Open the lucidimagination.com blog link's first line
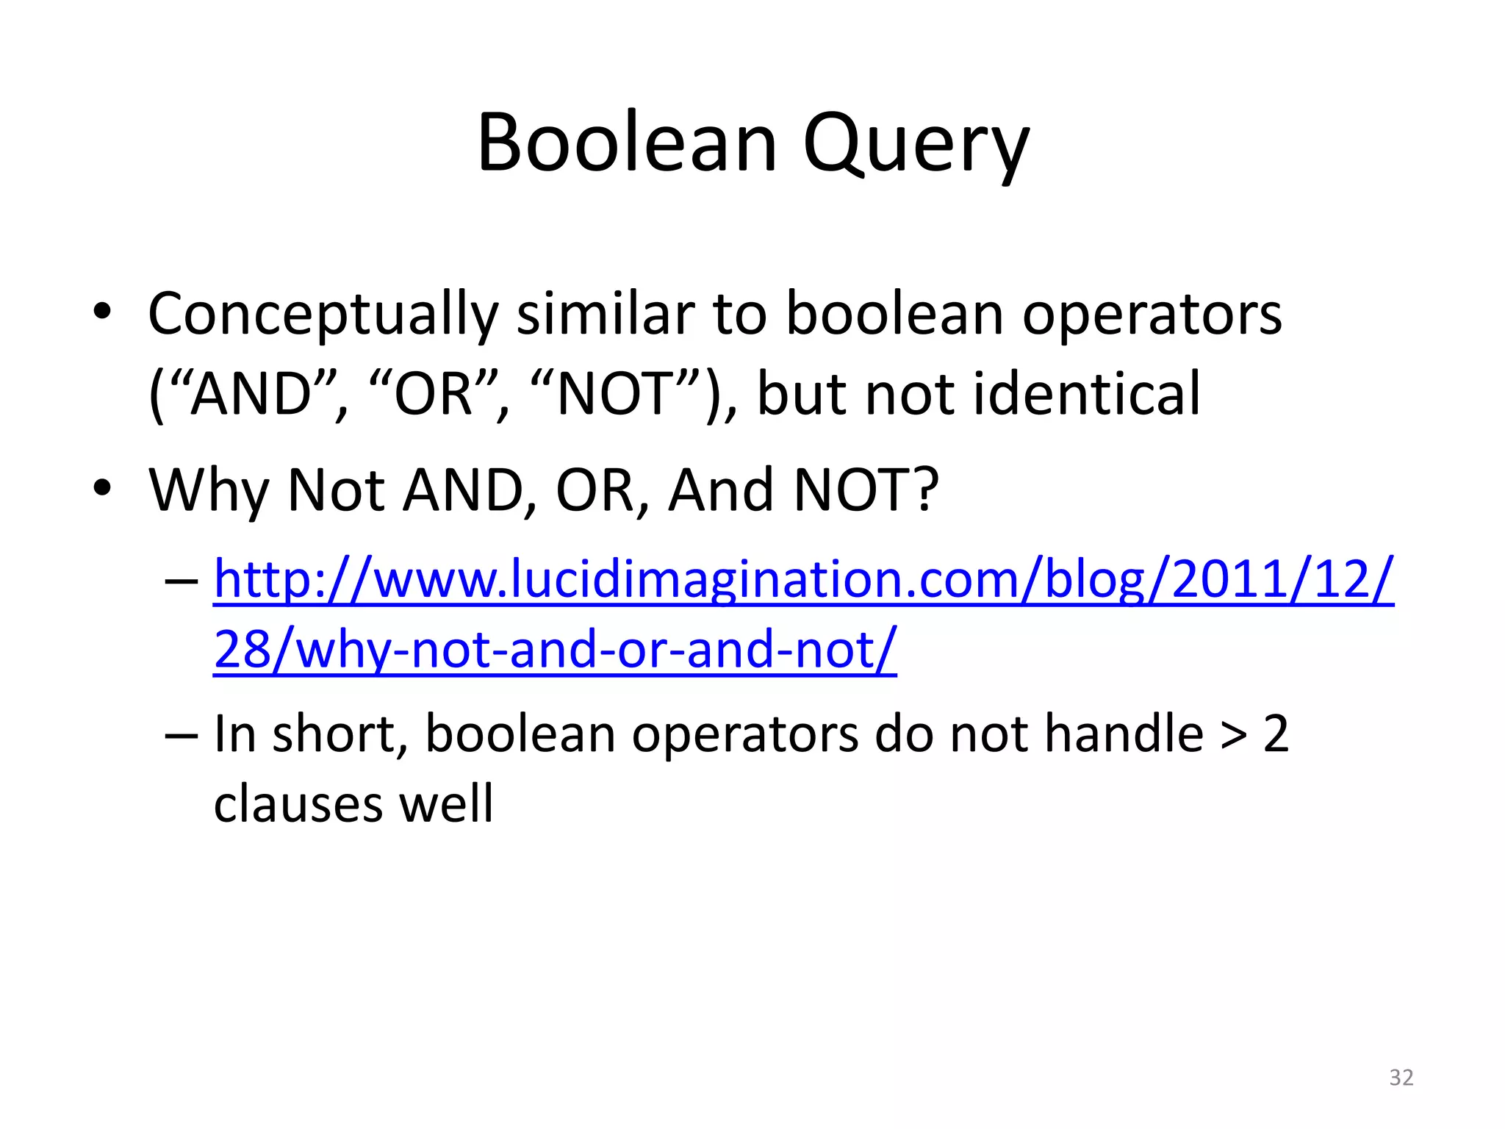pyautogui.click(x=803, y=580)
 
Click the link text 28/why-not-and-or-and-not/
pyautogui.click(x=555, y=650)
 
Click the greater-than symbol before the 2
pyautogui.click(x=1234, y=734)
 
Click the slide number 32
pyautogui.click(x=1401, y=1078)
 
